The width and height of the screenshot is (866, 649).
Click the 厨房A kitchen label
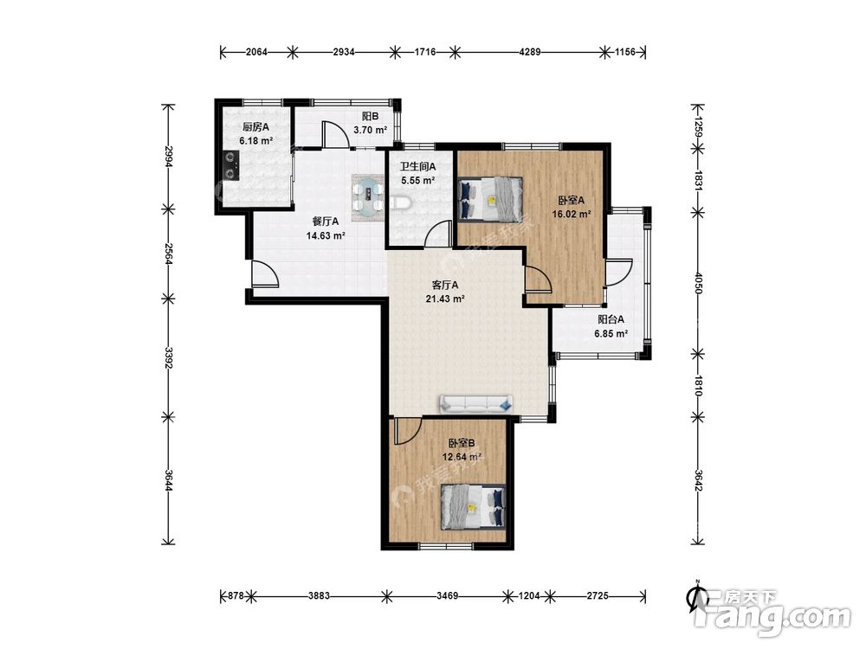[x=255, y=127]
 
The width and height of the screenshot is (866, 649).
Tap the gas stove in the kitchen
[x=231, y=166]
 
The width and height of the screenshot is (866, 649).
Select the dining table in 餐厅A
[x=368, y=198]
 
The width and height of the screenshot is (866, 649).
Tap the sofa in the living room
[x=475, y=404]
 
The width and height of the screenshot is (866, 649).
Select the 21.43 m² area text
[x=444, y=299]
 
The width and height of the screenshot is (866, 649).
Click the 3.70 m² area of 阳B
[x=370, y=131]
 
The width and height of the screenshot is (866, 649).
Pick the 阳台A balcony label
[x=611, y=319]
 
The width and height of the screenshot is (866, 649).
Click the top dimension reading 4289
[x=530, y=53]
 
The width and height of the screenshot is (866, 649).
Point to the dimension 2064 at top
[x=256, y=53]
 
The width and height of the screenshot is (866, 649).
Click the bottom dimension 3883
[x=319, y=596]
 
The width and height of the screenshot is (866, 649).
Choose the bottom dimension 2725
[x=597, y=596]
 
